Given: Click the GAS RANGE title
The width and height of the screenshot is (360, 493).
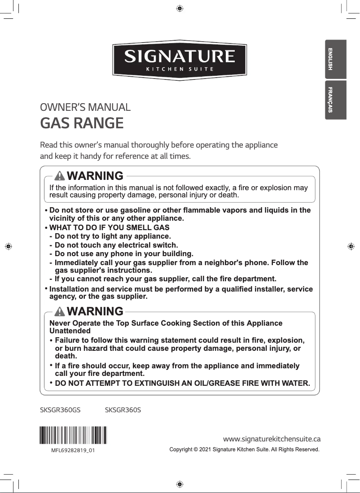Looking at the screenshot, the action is coord(82,123).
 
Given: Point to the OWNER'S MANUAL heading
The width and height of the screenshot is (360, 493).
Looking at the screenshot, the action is coord(85,108).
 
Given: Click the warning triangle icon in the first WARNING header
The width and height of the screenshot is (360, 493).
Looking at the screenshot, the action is coord(59,175).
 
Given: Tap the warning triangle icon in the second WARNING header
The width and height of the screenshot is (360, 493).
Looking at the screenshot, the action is coord(59,311).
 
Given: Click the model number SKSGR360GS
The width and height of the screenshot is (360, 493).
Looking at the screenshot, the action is coord(60,410).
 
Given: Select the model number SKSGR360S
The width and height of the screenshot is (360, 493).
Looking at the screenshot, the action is coord(123,410).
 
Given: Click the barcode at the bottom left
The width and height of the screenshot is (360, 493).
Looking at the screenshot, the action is coord(73,435).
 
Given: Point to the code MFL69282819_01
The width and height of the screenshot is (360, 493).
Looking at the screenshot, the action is coord(73,450).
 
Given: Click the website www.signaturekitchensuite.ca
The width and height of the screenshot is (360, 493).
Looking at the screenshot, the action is coord(272,438).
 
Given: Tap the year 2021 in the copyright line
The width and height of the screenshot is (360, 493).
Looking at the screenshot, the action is coord(204,449).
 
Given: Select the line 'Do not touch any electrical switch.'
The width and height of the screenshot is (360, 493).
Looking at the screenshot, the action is coord(116,245).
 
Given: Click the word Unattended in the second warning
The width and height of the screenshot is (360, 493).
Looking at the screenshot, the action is coord(70,331).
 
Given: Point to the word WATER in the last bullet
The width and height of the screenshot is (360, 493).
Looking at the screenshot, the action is coord(295,384).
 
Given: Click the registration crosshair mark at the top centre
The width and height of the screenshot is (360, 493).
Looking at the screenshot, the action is coord(180,8).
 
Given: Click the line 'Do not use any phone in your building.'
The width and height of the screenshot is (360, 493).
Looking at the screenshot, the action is coord(124,253).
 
